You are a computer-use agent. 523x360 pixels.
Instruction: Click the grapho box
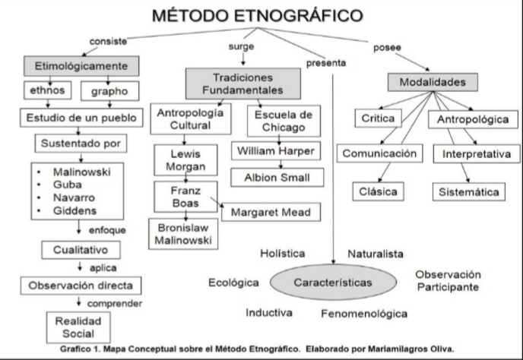tap(109, 92)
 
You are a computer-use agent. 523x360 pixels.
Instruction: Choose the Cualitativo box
tap(81, 249)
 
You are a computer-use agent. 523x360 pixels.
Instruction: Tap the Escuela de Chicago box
tap(284, 120)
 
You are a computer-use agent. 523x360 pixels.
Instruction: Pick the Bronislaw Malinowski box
tap(182, 234)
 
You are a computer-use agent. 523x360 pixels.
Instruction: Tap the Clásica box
tap(379, 192)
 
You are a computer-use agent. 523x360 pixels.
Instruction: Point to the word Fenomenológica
tap(363, 313)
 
